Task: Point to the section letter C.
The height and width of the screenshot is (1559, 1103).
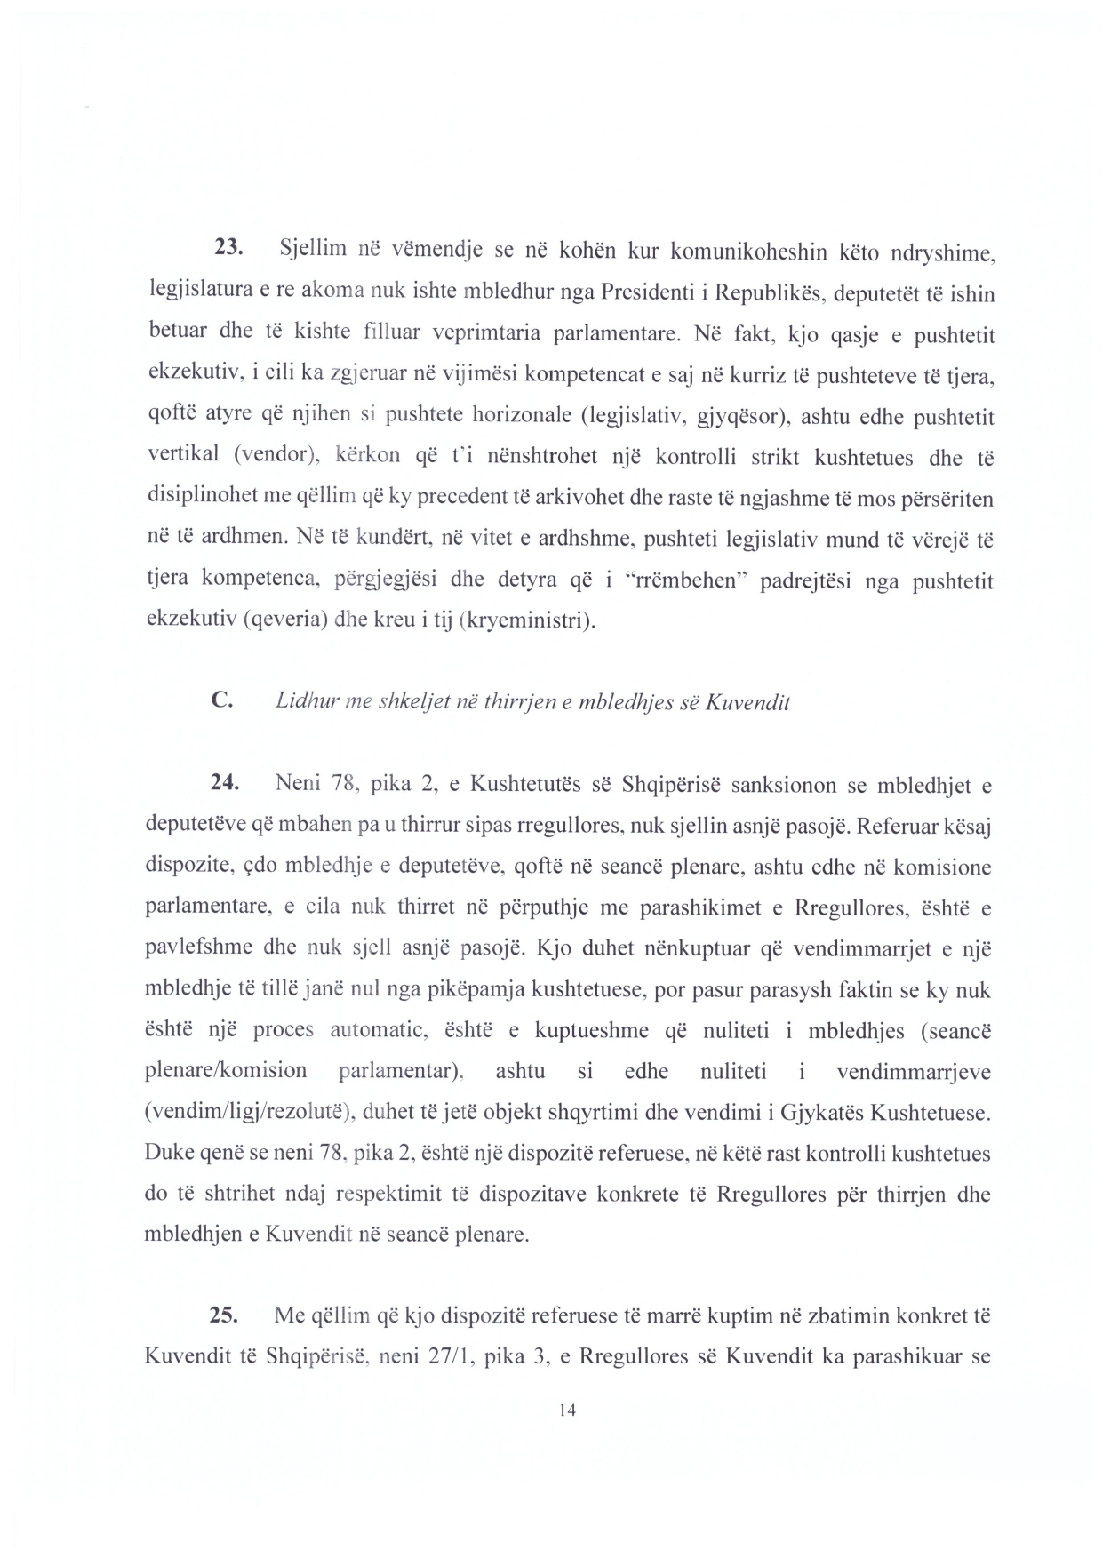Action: coord(223,700)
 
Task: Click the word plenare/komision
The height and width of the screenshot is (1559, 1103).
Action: coord(226,1071)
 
